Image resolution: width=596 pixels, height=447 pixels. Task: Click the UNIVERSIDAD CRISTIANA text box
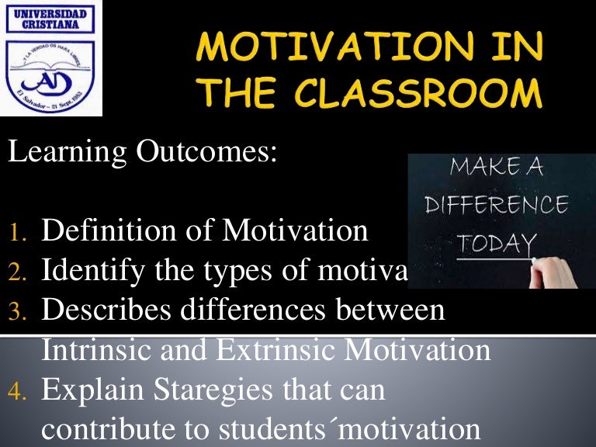[51, 19]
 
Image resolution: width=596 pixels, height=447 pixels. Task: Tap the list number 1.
[18, 234]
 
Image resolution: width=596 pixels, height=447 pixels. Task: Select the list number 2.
[18, 272]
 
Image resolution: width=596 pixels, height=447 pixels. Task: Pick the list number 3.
[18, 312]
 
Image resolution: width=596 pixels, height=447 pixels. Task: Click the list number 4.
[18, 392]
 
